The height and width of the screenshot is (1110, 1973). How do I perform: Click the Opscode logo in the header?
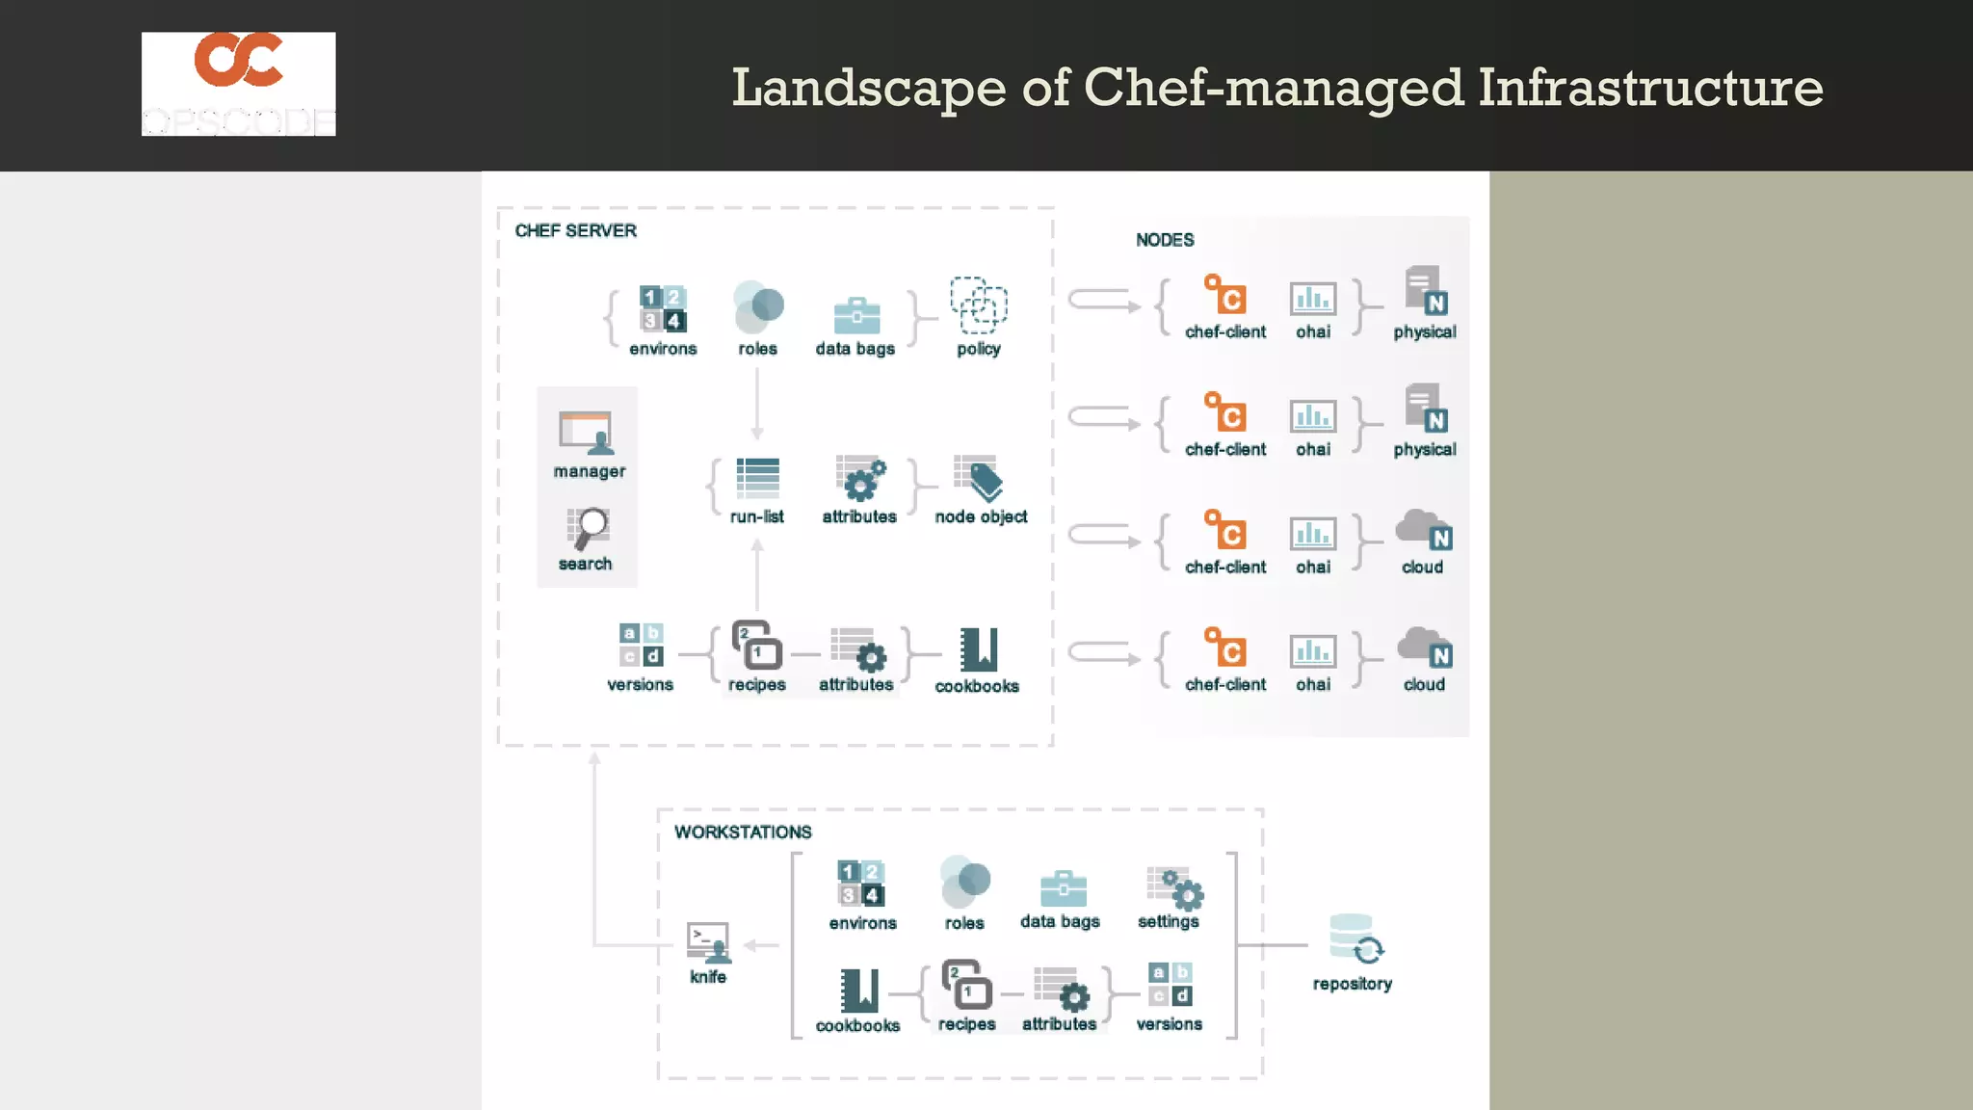pyautogui.click(x=238, y=84)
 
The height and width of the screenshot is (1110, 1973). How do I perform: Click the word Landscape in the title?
pyautogui.click(x=868, y=88)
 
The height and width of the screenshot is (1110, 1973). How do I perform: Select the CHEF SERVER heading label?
pyautogui.click(x=575, y=230)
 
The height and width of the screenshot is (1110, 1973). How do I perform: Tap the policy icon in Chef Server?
pyautogui.click(x=978, y=305)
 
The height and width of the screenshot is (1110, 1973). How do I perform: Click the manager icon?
pyautogui.click(x=586, y=433)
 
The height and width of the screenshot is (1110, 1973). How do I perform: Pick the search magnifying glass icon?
pyautogui.click(x=587, y=528)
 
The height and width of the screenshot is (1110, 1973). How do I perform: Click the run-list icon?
pyautogui.click(x=757, y=477)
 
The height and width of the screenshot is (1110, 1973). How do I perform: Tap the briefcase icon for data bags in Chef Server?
pyautogui.click(x=855, y=315)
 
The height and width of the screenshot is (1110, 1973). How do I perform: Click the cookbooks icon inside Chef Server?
pyautogui.click(x=978, y=649)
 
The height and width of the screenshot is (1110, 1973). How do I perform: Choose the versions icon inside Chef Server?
pyautogui.click(x=641, y=645)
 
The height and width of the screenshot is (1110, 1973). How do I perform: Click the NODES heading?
pyautogui.click(x=1164, y=240)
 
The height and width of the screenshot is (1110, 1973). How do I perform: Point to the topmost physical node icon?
pyautogui.click(x=1425, y=291)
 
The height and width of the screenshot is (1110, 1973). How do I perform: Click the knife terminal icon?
pyautogui.click(x=708, y=942)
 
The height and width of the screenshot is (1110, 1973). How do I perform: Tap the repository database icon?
pyautogui.click(x=1354, y=938)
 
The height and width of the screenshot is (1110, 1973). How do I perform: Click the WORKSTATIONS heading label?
pyautogui.click(x=743, y=832)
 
